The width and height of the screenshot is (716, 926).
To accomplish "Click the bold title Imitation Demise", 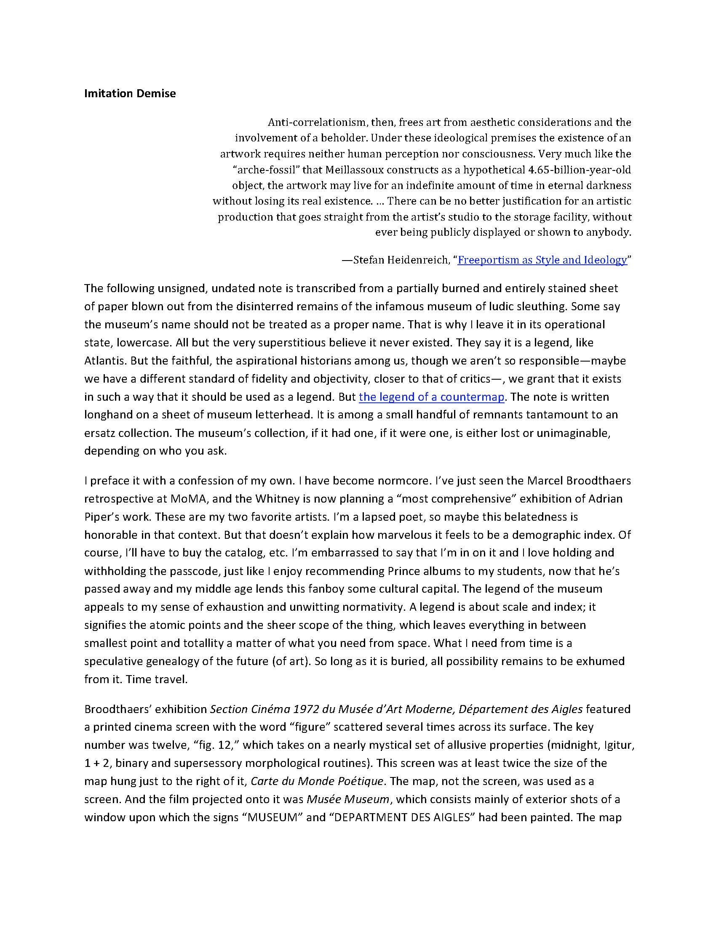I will point(130,94).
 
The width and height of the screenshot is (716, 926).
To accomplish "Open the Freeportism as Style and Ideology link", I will point(542,260).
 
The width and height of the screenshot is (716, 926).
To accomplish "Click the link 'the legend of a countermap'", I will point(431,397).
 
